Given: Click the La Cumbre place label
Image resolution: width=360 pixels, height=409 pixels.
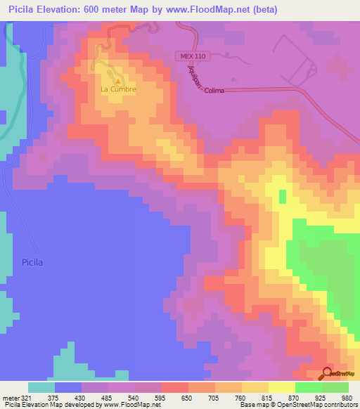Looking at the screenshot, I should (x=117, y=90).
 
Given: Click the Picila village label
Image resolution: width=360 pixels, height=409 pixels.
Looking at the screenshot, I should (x=32, y=262).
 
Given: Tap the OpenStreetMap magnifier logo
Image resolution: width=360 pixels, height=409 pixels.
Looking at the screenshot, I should (x=328, y=375).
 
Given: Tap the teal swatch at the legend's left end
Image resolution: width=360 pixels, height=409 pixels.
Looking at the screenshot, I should (x=41, y=387).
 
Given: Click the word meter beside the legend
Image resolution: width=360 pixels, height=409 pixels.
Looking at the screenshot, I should (x=9, y=398).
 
